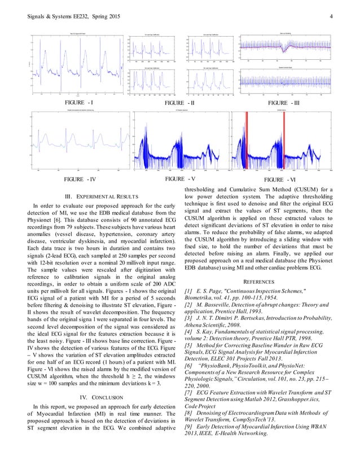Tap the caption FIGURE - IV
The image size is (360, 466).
point(81,179)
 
